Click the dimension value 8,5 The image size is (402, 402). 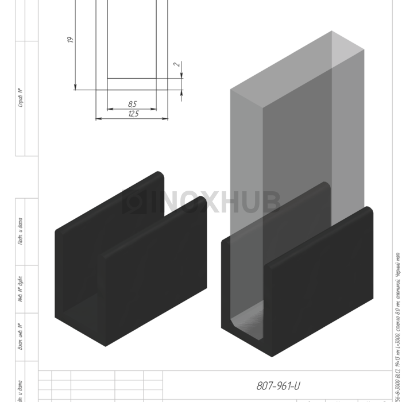tap(132, 104)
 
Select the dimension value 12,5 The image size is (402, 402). tap(133, 114)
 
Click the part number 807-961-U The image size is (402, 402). tap(278, 386)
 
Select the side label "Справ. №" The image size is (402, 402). tap(20, 97)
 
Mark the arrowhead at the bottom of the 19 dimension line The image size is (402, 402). tap(75, 87)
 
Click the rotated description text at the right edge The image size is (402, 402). tap(397, 322)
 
